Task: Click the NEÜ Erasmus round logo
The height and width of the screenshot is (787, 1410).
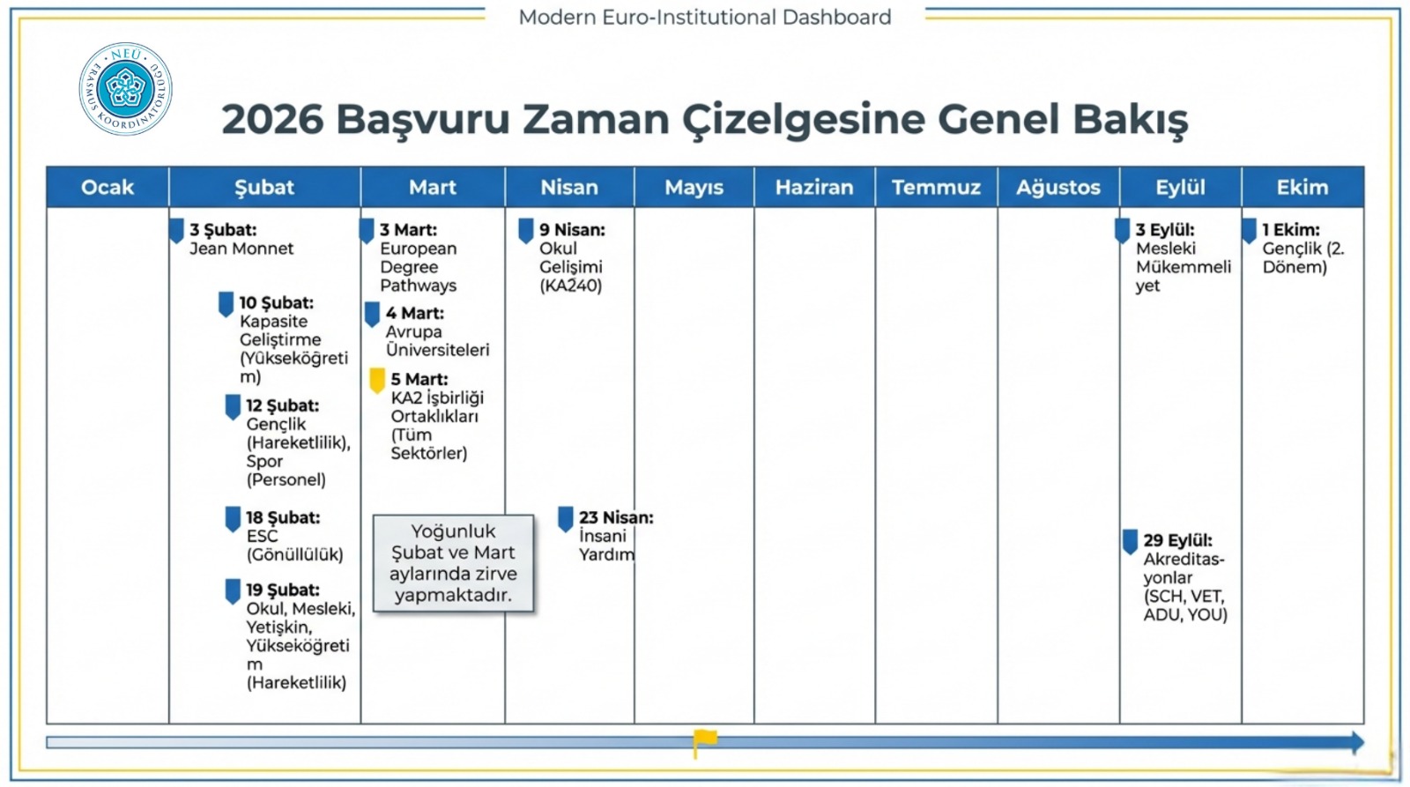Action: [125, 89]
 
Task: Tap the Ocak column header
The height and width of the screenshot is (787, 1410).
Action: [108, 187]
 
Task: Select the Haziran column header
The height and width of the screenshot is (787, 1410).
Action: [814, 187]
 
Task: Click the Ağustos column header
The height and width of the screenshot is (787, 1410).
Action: [1058, 187]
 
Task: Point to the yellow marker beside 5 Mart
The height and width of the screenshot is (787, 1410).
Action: [377, 380]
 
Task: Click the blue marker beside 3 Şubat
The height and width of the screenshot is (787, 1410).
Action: [177, 231]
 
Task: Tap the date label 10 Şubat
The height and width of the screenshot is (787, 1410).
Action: [277, 303]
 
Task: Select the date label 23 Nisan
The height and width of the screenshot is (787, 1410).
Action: [616, 517]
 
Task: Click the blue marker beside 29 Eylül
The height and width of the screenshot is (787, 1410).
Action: [1130, 541]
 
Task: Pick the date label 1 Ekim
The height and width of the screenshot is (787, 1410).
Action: [1291, 230]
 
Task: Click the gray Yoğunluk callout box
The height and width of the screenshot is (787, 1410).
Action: [453, 563]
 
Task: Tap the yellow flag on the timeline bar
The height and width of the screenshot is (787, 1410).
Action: [704, 740]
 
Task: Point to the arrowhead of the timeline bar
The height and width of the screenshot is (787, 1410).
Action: [1357, 742]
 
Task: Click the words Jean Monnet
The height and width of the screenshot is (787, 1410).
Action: [241, 249]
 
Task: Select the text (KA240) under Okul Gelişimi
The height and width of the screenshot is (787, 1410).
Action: [570, 286]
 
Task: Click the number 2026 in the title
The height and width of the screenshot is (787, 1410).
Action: [272, 119]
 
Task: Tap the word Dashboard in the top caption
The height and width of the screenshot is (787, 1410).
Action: [836, 17]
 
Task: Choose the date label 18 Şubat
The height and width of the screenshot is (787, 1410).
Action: [283, 517]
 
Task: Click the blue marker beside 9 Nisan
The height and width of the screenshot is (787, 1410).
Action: [526, 231]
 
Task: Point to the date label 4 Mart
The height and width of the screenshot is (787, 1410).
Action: [415, 313]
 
